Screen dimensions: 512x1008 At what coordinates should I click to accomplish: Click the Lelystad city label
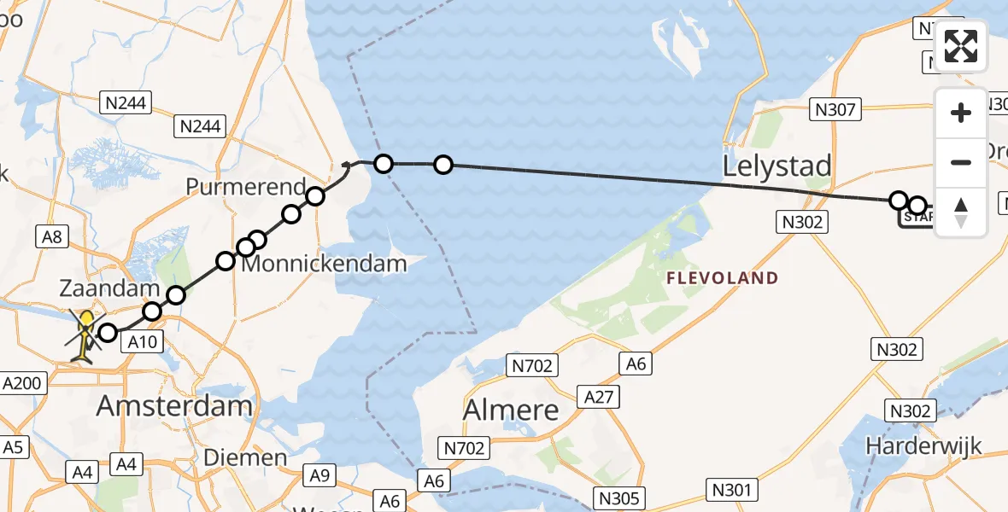[x=777, y=166]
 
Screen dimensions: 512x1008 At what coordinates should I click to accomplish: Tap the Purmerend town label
[x=247, y=187]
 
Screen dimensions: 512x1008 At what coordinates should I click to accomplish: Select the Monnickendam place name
[x=325, y=264]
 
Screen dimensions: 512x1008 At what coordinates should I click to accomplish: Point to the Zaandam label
[x=98, y=288]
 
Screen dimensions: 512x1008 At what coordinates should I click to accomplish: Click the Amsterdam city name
[x=174, y=406]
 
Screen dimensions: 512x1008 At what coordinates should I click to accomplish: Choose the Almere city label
[x=511, y=410]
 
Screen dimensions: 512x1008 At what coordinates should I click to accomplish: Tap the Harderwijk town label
[x=923, y=445]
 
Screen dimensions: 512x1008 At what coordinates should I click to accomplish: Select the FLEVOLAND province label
[x=722, y=278]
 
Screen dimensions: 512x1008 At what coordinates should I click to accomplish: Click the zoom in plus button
[x=961, y=113]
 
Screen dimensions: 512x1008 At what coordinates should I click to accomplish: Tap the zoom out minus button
[x=961, y=162]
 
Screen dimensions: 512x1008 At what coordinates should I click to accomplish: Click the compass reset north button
[x=961, y=212]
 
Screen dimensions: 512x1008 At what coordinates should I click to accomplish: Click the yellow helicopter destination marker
[x=86, y=333]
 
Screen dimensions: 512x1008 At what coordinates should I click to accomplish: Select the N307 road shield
[x=836, y=109]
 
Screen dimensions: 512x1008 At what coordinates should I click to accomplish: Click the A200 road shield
[x=22, y=384]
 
